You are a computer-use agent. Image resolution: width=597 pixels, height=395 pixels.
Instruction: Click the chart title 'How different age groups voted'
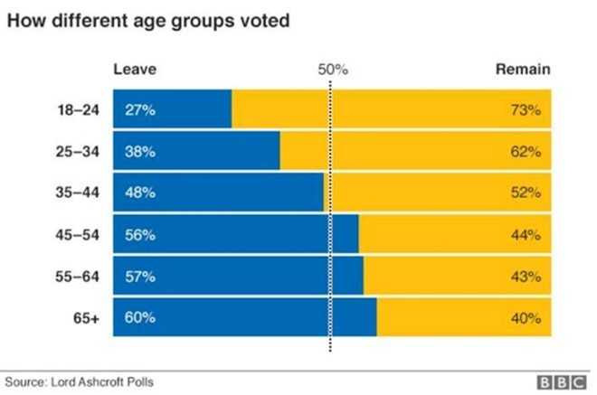(x=149, y=20)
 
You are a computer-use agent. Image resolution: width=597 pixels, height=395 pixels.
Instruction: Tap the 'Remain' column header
(x=522, y=70)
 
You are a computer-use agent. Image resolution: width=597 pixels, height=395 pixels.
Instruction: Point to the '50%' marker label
(x=332, y=70)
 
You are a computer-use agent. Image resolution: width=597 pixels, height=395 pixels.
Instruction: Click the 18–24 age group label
(x=73, y=110)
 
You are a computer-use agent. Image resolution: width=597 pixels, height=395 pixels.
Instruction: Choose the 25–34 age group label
(x=73, y=151)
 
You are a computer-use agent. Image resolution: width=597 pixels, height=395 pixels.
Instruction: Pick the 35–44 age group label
(x=73, y=193)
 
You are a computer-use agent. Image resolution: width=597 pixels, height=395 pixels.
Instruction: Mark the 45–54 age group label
(x=73, y=234)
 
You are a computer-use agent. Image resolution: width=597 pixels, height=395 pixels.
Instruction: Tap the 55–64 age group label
(x=73, y=276)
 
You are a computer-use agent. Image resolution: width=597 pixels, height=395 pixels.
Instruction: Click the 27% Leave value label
(x=140, y=110)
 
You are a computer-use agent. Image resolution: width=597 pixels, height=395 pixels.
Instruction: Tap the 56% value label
(x=140, y=234)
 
